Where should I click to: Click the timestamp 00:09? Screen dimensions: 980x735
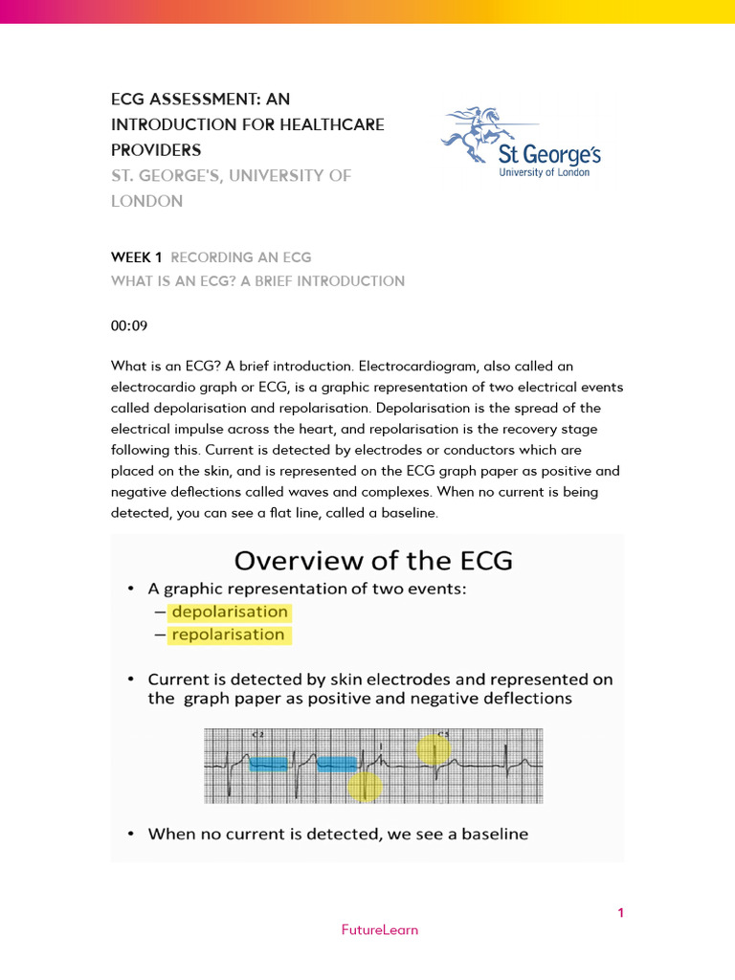point(129,325)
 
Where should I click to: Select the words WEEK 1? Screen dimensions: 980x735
point(137,257)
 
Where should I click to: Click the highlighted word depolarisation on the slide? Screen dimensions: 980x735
point(229,612)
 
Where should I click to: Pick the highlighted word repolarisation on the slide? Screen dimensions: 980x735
point(228,635)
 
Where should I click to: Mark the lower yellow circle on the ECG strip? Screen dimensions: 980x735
point(365,786)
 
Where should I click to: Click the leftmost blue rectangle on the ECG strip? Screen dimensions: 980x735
point(269,763)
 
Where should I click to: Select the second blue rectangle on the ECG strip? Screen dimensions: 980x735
point(337,763)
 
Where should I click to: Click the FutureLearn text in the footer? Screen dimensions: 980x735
point(380,929)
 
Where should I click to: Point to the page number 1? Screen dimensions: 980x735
point(620,913)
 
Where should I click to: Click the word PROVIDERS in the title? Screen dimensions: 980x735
point(156,149)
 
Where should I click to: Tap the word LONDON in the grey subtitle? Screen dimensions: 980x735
point(146,201)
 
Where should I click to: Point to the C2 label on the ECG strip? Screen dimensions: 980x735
point(256,735)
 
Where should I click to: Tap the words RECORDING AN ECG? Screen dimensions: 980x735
point(241,257)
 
